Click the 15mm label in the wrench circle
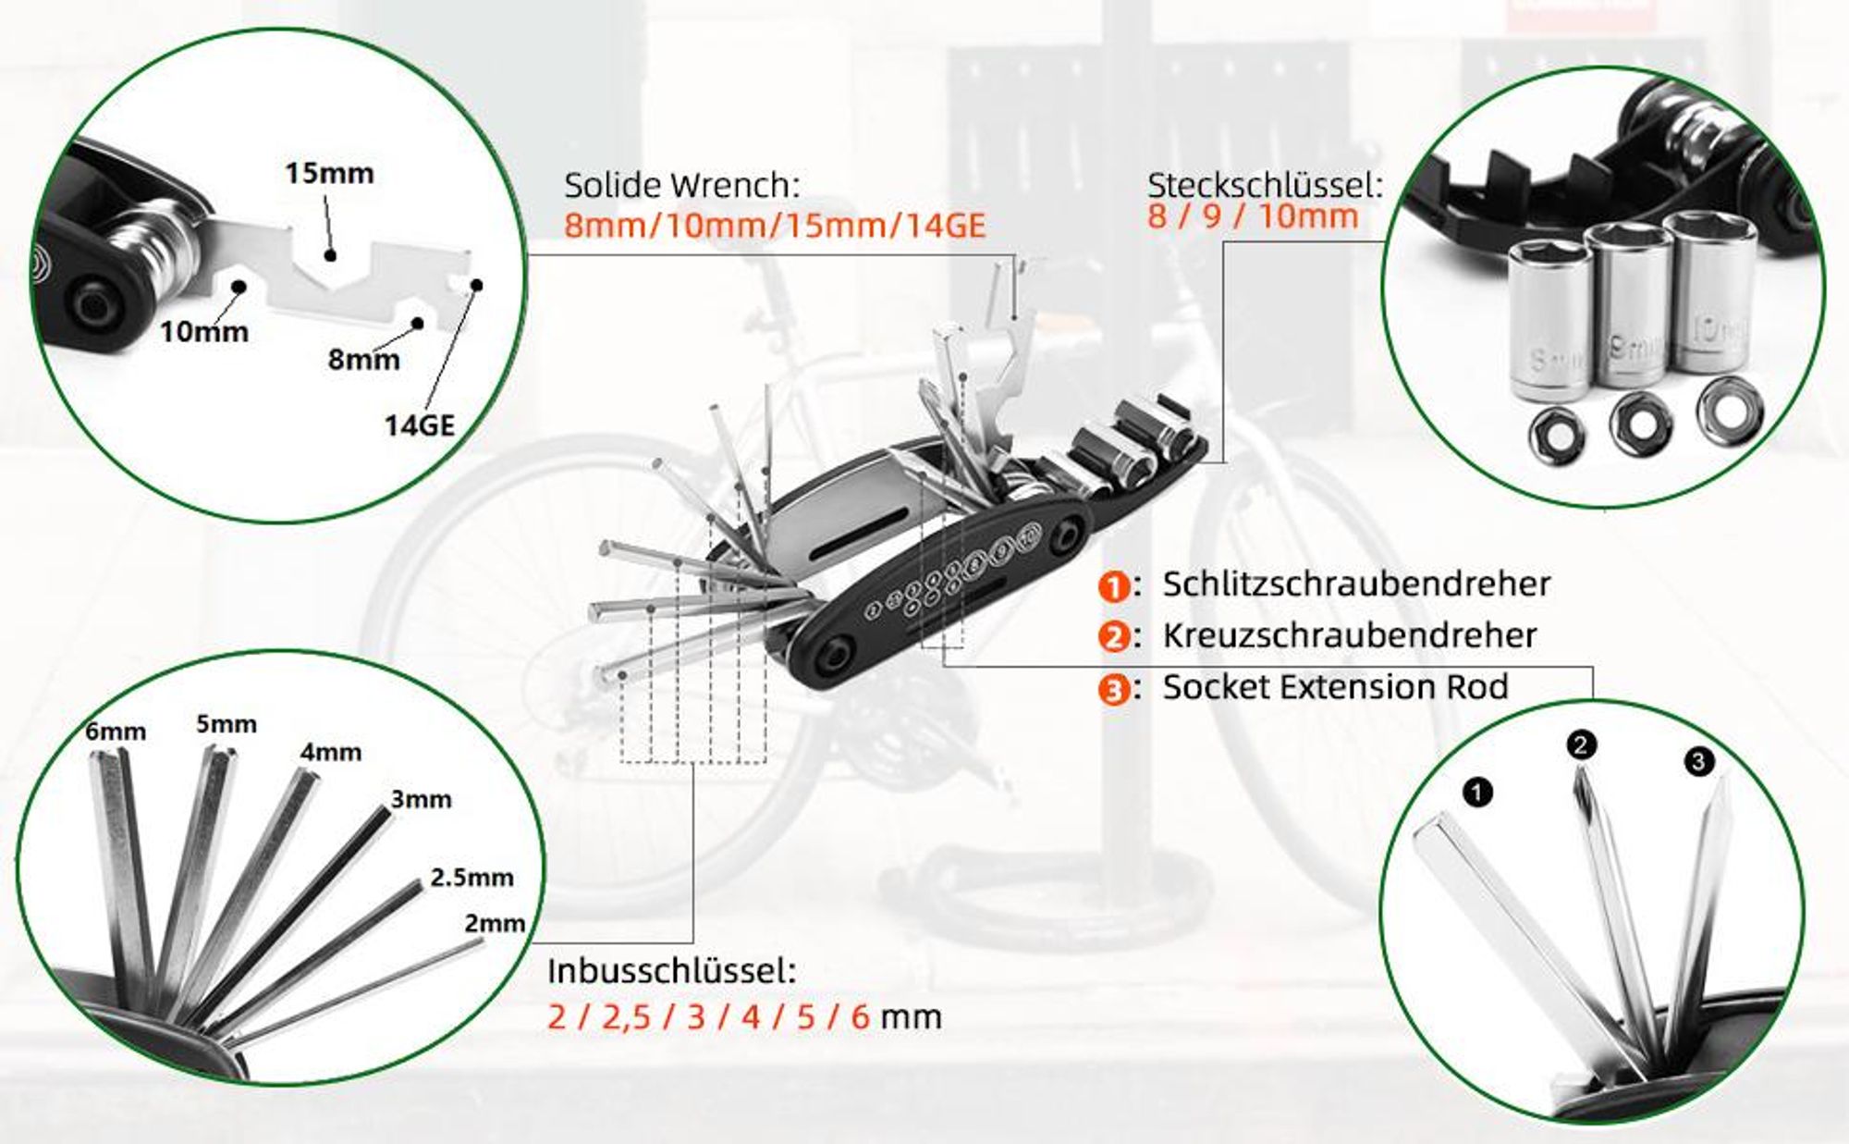[329, 173]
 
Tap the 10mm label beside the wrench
[204, 331]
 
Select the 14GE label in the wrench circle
[420, 425]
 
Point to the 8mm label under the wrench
[364, 359]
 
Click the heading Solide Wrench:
[682, 186]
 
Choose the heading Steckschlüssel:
[1265, 185]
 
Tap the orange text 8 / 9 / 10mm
[1253, 217]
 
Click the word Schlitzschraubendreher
[1356, 584]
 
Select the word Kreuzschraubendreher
[1350, 635]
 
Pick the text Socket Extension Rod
[1335, 687]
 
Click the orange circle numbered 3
[1114, 690]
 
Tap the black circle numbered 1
[1477, 792]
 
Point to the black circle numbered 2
[1581, 744]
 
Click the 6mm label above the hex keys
[116, 732]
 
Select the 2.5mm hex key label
[471, 877]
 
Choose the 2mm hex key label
[495, 923]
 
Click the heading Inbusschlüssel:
[671, 971]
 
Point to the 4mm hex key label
[331, 752]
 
